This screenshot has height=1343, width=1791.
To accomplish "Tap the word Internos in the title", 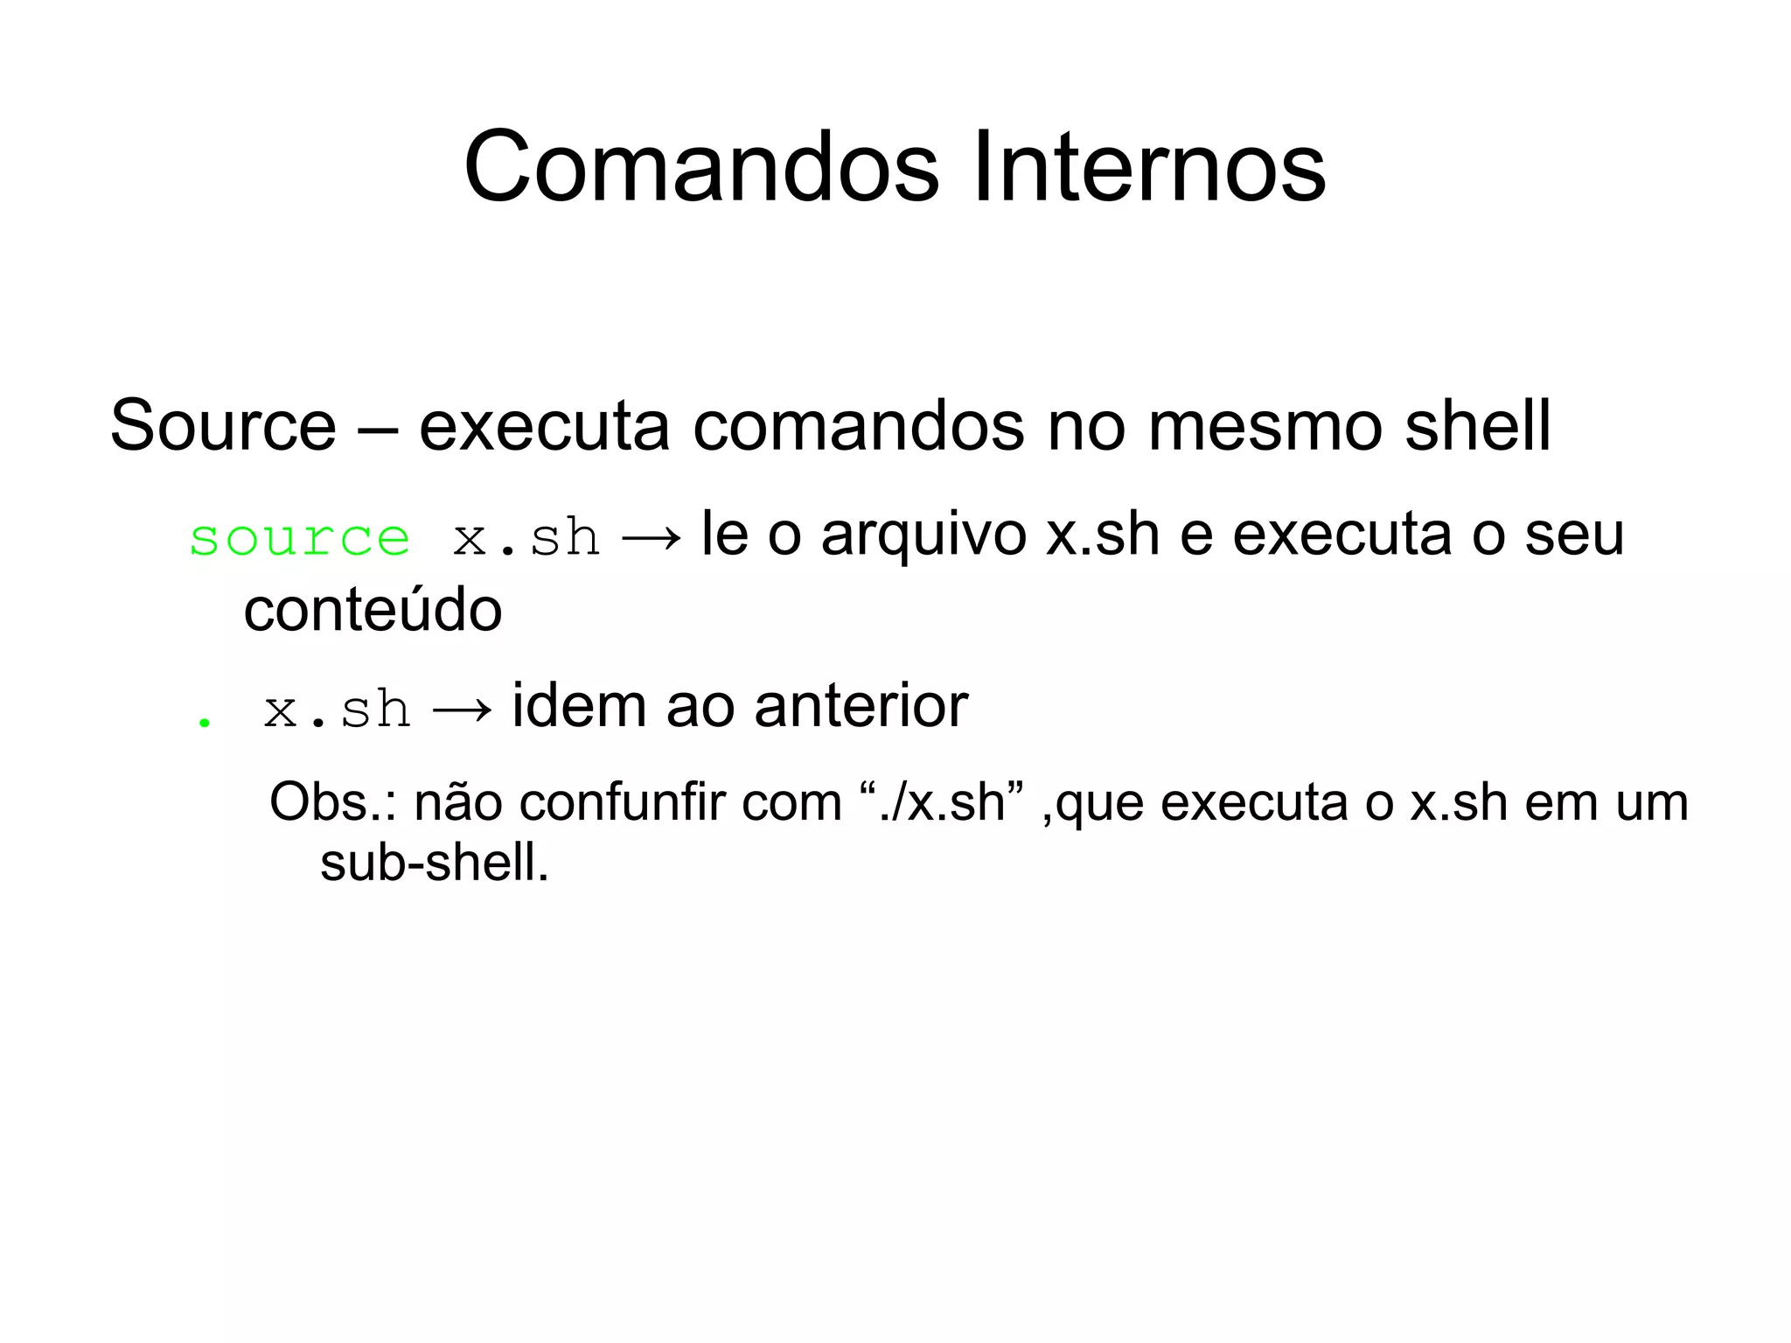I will tap(1149, 166).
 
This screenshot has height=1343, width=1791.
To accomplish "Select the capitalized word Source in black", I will tap(223, 426).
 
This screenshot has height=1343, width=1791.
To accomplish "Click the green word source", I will tap(299, 537).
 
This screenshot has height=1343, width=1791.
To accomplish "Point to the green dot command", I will tap(205, 723).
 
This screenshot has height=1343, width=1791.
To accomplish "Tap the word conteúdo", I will tap(373, 610).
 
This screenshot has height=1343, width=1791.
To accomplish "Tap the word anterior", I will tap(861, 705).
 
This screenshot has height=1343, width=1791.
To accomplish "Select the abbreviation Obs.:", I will tap(332, 801).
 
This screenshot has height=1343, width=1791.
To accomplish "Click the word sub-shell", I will tap(434, 863).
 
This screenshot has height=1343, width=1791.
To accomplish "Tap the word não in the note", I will tap(457, 801).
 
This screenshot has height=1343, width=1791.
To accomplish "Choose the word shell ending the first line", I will tap(1477, 426).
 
